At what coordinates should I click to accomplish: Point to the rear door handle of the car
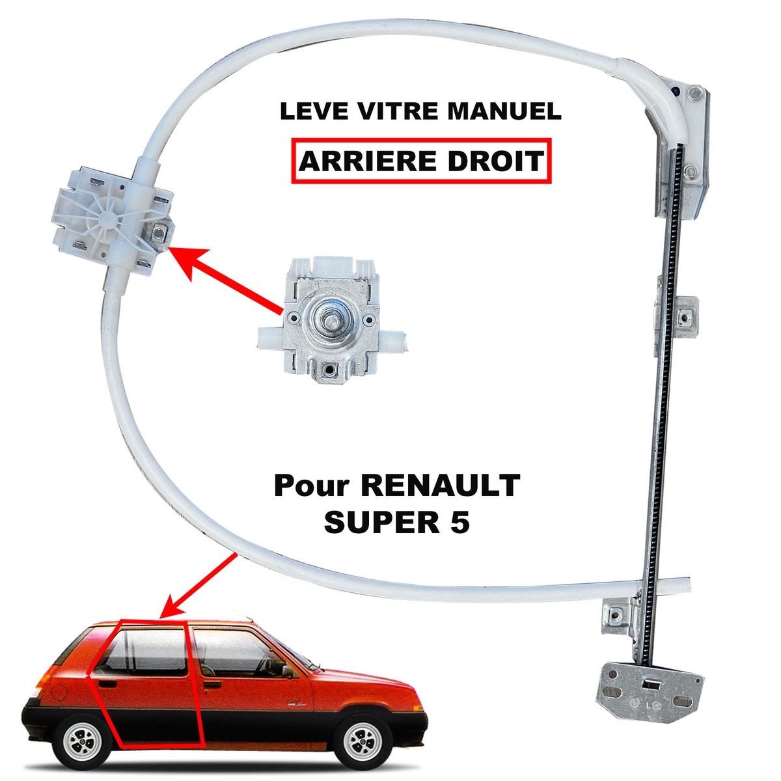(x=107, y=684)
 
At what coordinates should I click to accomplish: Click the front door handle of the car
(x=212, y=685)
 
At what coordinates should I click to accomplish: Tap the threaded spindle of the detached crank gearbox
(x=331, y=320)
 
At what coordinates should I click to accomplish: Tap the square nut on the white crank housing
(x=158, y=233)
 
